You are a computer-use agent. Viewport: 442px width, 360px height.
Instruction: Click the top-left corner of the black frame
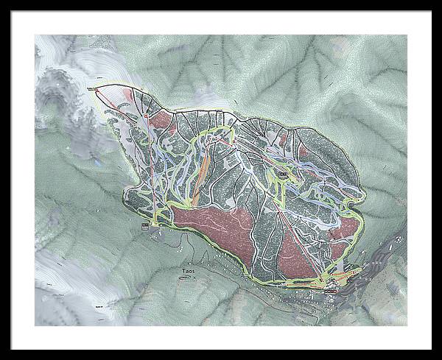click(x=12, y=12)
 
